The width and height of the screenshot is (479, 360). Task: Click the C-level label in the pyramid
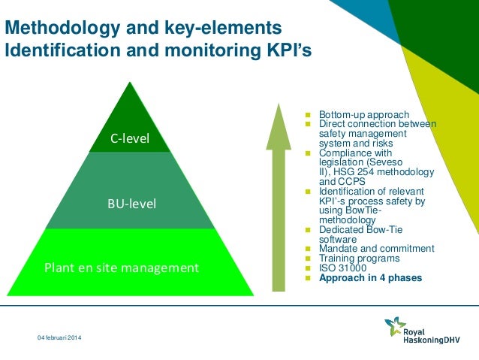(130, 138)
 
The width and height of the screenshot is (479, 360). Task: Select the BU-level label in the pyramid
(130, 202)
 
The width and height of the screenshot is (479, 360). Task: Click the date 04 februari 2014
(60, 343)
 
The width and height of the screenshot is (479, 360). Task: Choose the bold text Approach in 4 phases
(370, 277)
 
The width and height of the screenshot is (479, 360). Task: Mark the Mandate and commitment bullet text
(376, 248)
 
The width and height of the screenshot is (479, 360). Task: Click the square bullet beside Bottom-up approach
(307, 114)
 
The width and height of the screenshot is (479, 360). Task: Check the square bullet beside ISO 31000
(307, 268)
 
